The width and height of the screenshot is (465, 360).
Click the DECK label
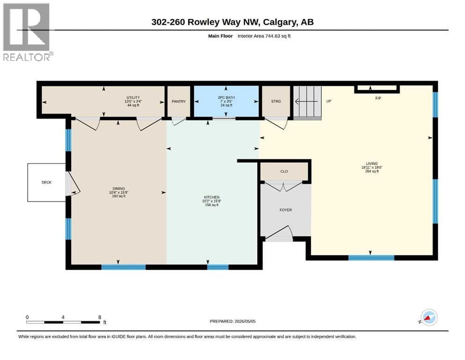click(46, 182)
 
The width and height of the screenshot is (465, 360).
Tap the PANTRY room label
click(179, 102)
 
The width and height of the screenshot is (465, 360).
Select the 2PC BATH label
click(226, 97)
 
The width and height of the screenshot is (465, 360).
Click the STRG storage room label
click(276, 102)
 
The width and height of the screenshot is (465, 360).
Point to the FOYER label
click(286, 210)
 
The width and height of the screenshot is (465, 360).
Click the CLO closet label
click(284, 171)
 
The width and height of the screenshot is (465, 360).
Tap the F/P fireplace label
click(378, 98)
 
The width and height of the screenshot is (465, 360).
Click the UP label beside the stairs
click(329, 101)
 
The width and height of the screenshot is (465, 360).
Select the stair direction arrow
click(307, 102)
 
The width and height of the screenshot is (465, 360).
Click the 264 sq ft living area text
click(372, 171)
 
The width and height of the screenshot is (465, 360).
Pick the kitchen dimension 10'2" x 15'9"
click(212, 201)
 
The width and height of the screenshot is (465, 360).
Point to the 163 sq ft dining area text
click(118, 196)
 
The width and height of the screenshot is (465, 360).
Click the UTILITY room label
click(133, 97)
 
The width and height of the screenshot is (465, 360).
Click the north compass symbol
click(428, 317)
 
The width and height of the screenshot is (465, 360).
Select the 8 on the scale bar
click(100, 317)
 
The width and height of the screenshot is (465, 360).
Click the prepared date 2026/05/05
click(245, 321)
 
